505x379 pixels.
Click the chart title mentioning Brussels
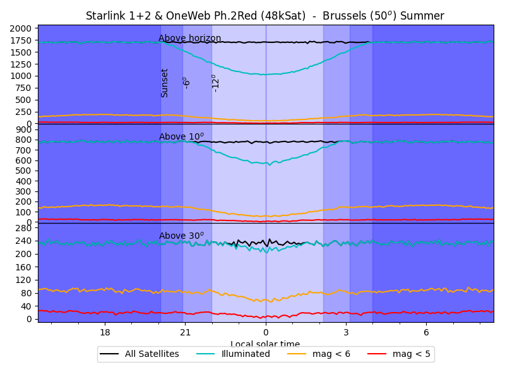pyautogui.click(x=265, y=16)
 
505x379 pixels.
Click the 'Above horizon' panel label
pyautogui.click(x=189, y=39)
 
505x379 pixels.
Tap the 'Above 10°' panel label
pyautogui.click(x=181, y=136)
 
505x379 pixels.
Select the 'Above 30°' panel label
pyautogui.click(x=181, y=236)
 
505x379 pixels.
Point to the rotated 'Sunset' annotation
pyautogui.click(x=165, y=83)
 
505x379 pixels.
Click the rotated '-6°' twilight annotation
pyautogui.click(x=186, y=83)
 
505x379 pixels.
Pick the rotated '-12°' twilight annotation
pyautogui.click(x=215, y=83)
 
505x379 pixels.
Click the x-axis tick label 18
pyautogui.click(x=105, y=332)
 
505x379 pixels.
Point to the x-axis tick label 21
pyautogui.click(x=185, y=332)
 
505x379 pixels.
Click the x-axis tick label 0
pyautogui.click(x=266, y=332)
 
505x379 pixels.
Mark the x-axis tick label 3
pyautogui.click(x=346, y=332)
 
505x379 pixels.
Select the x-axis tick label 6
pyautogui.click(x=426, y=332)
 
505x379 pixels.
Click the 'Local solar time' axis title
pyautogui.click(x=265, y=344)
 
